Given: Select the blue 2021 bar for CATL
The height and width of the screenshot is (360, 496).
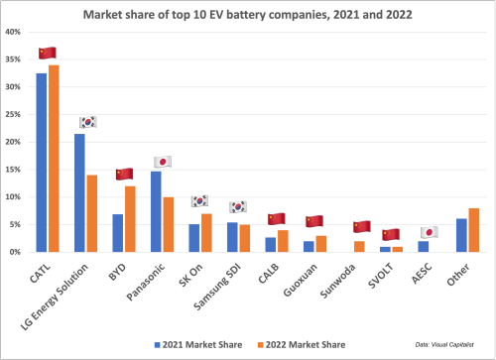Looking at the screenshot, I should [x=42, y=163].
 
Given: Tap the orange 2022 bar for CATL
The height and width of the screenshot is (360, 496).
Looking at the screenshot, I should [x=54, y=159].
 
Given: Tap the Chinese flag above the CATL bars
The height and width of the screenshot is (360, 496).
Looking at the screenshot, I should [x=47, y=53].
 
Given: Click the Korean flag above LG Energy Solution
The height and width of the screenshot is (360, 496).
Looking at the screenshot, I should [x=87, y=122].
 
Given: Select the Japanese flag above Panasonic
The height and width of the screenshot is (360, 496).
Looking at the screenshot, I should [x=163, y=161].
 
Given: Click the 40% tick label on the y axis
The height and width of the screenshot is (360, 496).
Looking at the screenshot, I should [x=15, y=32].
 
